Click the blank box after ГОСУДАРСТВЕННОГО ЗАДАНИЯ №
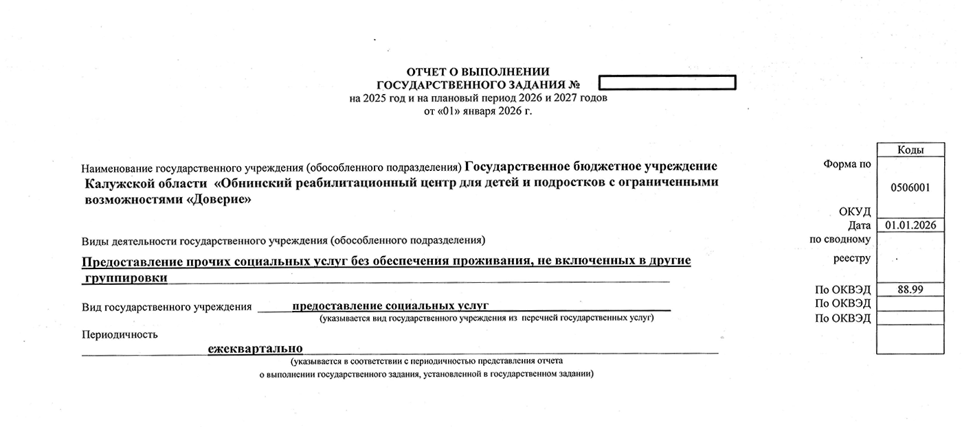pos(667,83)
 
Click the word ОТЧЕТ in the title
pos(425,71)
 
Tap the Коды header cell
pos(910,150)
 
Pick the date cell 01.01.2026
pos(910,225)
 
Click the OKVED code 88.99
pos(910,290)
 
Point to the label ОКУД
pos(855,211)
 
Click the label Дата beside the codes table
pos(859,225)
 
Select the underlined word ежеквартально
pos(256,349)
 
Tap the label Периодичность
pos(120,334)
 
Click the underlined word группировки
pos(126,277)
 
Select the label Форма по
pos(847,164)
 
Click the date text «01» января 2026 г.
pos(478,111)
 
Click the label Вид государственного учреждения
pos(166,307)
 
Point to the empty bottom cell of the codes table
pos(910,339)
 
